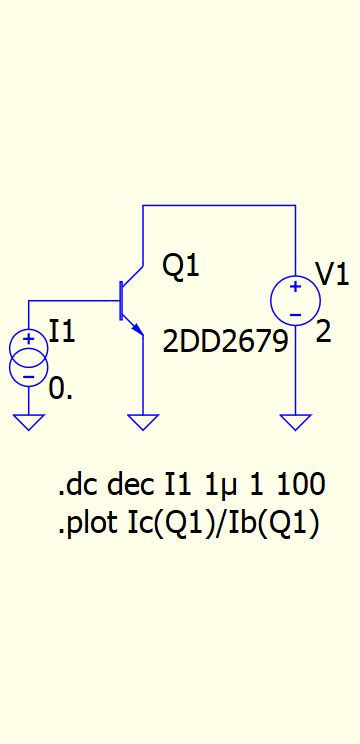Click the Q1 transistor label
(x=181, y=266)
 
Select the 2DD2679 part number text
(x=225, y=341)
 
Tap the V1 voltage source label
(x=332, y=273)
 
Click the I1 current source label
(x=62, y=331)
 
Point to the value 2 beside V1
(x=323, y=332)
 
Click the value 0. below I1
(x=60, y=389)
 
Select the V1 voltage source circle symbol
(x=295, y=301)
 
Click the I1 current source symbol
(x=29, y=358)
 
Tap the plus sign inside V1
(x=295, y=288)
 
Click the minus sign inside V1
(x=295, y=314)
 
